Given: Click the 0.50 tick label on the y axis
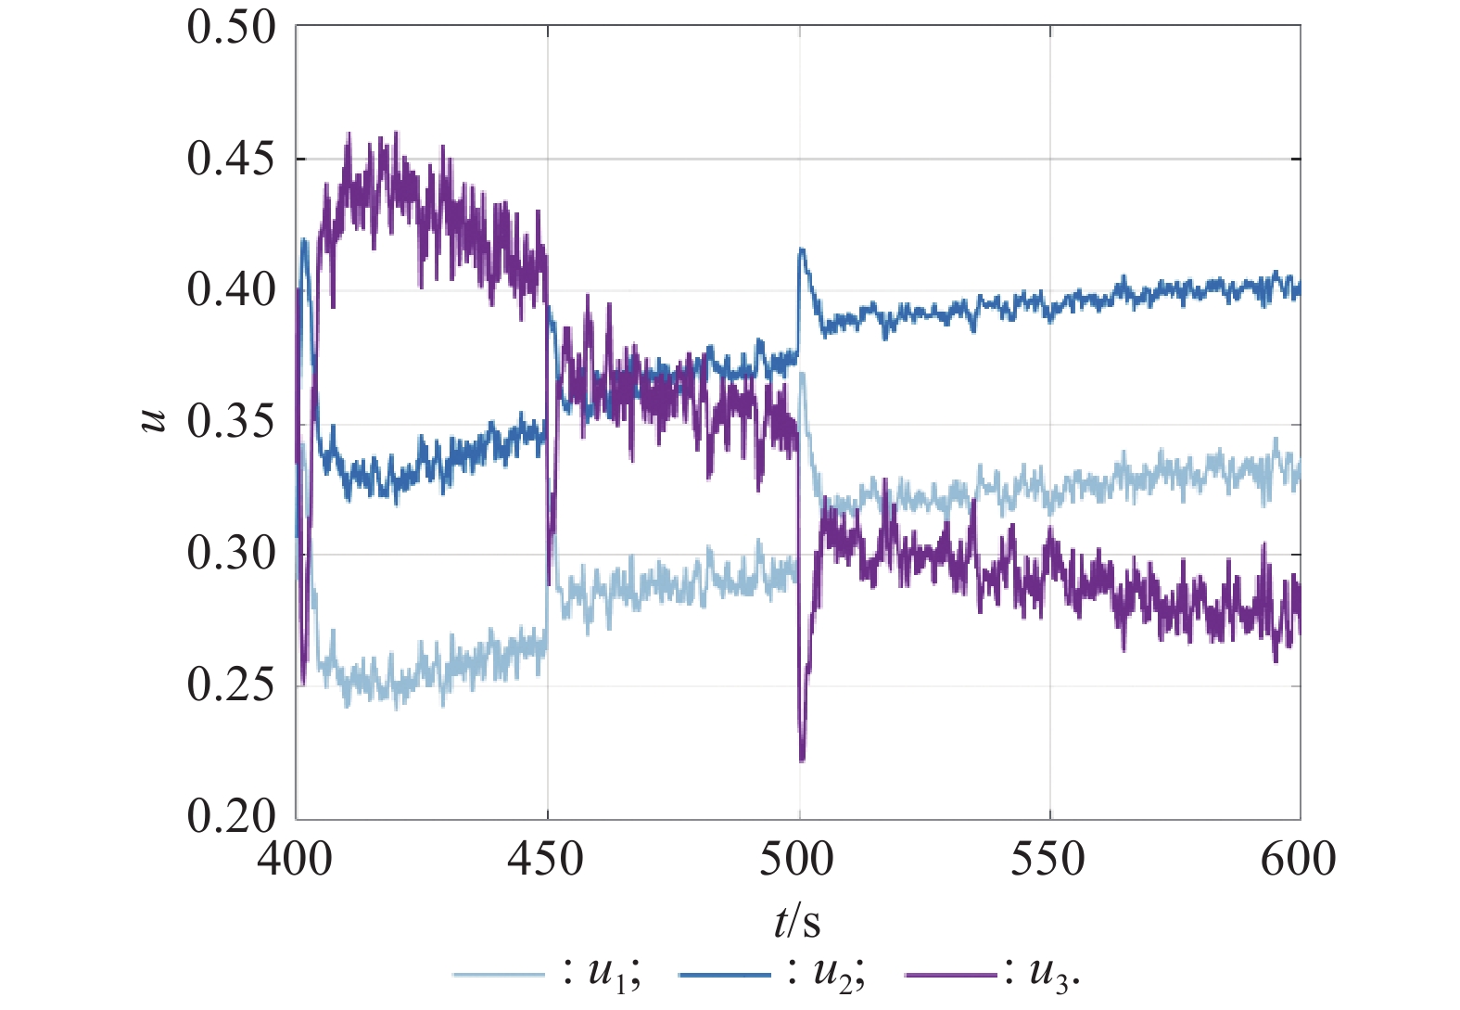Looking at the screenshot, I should pyautogui.click(x=232, y=28).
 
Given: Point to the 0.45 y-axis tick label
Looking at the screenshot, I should pyautogui.click(x=232, y=160).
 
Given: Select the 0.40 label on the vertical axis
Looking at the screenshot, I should pyautogui.click(x=232, y=291).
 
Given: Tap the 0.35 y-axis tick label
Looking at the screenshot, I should pyautogui.click(x=232, y=423).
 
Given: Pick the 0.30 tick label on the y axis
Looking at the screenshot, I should pyautogui.click(x=232, y=555).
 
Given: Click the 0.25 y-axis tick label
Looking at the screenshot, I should pyautogui.click(x=232, y=686).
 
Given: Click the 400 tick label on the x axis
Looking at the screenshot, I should pyautogui.click(x=295, y=860).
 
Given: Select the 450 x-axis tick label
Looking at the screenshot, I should pyautogui.click(x=546, y=860).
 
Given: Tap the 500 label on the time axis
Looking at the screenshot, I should pyautogui.click(x=797, y=860).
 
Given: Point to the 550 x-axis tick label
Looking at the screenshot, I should pyautogui.click(x=1048, y=860).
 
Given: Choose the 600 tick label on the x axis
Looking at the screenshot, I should pyautogui.click(x=1299, y=860).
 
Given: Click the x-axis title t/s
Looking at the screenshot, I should pyautogui.click(x=797, y=922).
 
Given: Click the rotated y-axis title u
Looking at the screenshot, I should pyautogui.click(x=154, y=422).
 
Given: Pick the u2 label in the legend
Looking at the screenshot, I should pyautogui.click(x=832, y=974).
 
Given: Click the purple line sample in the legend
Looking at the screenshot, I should pyautogui.click(x=950, y=975).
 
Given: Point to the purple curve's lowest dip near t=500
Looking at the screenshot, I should pyautogui.click(x=802, y=760).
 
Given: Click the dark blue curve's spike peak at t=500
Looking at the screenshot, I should pyautogui.click(x=802, y=249).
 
